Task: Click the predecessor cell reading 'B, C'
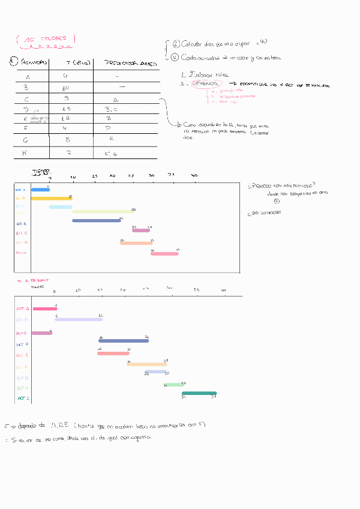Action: pos(111,109)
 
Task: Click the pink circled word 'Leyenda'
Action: pos(208,84)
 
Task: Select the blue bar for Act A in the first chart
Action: pos(40,190)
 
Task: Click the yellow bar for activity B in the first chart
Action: pos(51,198)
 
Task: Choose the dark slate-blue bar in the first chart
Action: pos(96,221)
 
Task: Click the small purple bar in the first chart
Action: pos(141,230)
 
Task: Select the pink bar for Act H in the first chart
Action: pos(164,254)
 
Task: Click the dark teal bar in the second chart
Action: pos(199,393)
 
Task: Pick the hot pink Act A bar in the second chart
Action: pos(45,309)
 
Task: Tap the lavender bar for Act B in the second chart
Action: pos(79,319)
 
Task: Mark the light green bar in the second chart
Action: pos(173,384)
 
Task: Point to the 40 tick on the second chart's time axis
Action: pos(224,291)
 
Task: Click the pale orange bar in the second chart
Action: pos(146,364)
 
